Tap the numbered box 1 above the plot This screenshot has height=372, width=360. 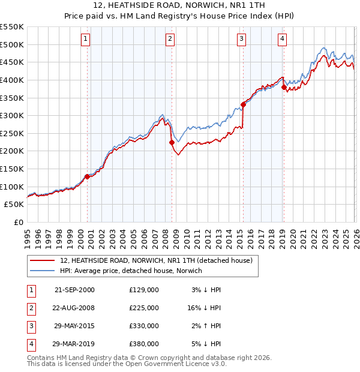pyautogui.click(x=86, y=40)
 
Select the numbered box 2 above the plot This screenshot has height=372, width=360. pyautogui.click(x=170, y=40)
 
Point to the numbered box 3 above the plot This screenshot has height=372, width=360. pyautogui.click(x=241, y=40)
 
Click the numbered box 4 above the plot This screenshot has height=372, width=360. pyautogui.click(x=282, y=40)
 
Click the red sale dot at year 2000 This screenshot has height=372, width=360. pyautogui.click(x=88, y=176)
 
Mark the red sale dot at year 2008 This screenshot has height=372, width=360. pyautogui.click(x=172, y=142)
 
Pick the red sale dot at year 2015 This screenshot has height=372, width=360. pyautogui.click(x=243, y=105)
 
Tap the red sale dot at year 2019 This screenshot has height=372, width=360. pyautogui.click(x=284, y=87)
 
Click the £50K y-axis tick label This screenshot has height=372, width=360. pyautogui.click(x=14, y=205)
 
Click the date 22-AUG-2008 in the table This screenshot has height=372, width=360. pyautogui.click(x=74, y=308)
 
